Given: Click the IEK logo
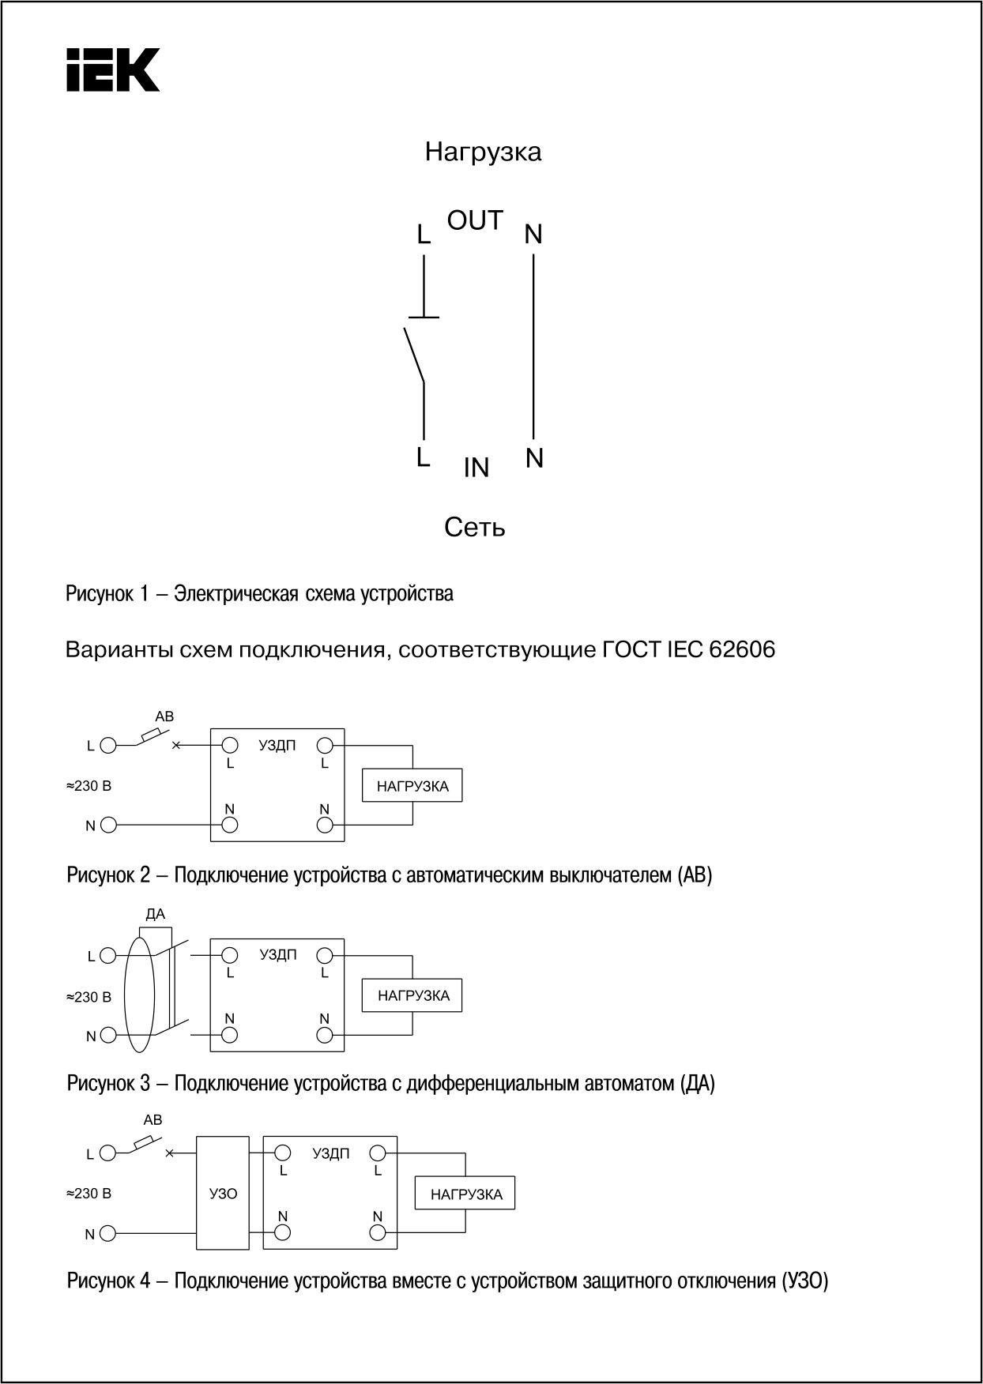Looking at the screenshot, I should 112,70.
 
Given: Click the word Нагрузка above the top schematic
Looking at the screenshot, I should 483,152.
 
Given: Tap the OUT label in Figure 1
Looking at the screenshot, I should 475,220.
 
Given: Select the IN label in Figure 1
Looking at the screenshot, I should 476,468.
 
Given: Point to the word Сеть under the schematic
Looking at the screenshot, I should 474,527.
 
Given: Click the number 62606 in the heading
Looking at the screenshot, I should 742,649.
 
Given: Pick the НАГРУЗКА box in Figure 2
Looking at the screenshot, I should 412,786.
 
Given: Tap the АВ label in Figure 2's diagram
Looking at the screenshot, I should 164,716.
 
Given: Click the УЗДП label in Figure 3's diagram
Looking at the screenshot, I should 278,955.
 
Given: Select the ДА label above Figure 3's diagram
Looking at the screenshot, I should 156,915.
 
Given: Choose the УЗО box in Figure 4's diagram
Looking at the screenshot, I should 223,1193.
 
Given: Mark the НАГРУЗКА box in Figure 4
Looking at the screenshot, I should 465,1194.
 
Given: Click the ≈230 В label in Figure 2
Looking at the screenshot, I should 88,786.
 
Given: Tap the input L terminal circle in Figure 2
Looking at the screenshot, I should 108,745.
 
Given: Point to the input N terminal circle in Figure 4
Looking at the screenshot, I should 108,1233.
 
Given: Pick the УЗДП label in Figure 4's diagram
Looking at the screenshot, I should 331,1153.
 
